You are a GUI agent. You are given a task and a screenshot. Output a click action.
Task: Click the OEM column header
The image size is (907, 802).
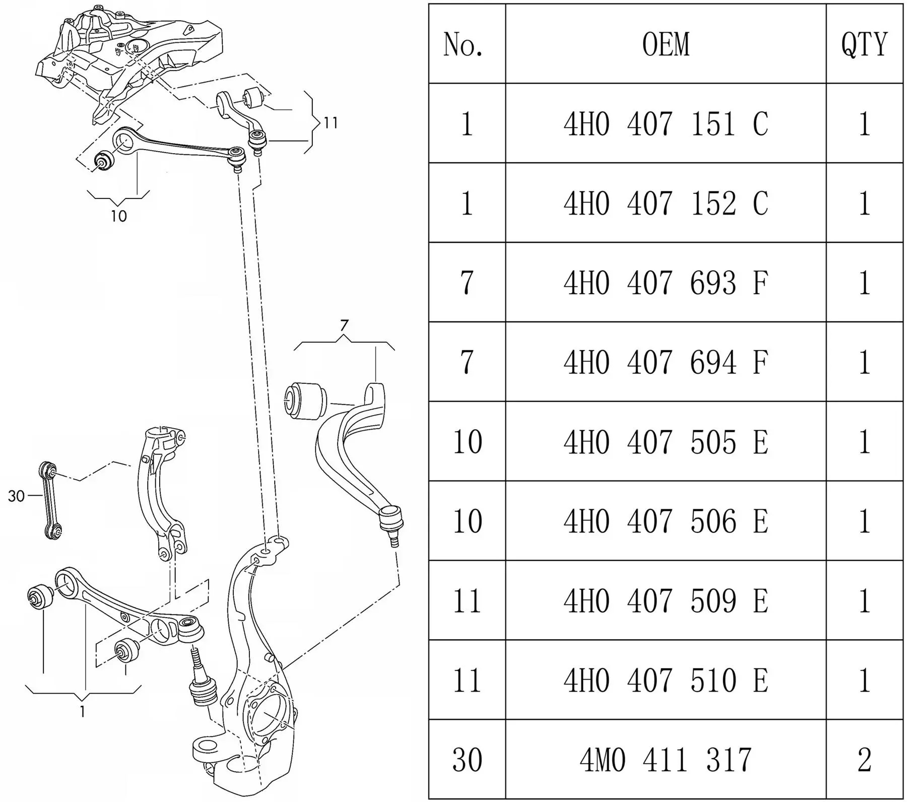pos(666,44)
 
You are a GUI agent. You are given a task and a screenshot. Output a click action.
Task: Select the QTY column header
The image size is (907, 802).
pos(864,44)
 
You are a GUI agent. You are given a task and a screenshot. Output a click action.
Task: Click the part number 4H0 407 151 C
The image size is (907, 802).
pos(666,123)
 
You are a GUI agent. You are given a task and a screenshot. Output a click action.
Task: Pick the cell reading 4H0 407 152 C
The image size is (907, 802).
pos(666,203)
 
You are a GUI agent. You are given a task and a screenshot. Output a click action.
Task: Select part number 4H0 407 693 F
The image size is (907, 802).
pos(666,283)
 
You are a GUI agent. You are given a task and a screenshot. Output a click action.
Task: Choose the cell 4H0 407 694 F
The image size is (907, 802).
pos(666,362)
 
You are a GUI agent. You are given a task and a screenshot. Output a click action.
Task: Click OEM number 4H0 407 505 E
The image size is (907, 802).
pos(666,442)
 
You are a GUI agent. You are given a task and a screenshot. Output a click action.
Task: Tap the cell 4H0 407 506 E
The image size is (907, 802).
pos(666,521)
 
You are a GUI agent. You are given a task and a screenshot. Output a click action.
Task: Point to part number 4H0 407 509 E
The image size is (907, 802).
pos(666,600)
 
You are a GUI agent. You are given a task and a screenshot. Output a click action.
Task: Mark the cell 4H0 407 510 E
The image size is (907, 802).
pos(666,680)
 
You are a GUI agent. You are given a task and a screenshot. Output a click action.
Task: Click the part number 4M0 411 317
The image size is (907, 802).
pos(666,760)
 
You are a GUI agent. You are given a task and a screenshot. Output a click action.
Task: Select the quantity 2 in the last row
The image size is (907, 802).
pos(864,760)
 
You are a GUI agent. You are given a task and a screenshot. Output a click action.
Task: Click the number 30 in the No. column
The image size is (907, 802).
pos(467,760)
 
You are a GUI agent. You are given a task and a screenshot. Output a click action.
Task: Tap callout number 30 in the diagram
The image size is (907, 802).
pos(16,496)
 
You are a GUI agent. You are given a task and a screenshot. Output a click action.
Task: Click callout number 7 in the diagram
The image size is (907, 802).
pos(344,326)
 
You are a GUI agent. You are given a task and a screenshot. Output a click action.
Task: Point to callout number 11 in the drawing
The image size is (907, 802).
pos(331,123)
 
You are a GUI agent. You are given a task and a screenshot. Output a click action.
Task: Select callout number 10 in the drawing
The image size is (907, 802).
pos(119,217)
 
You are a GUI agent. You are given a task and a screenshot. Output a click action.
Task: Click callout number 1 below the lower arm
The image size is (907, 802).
pos(83,712)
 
